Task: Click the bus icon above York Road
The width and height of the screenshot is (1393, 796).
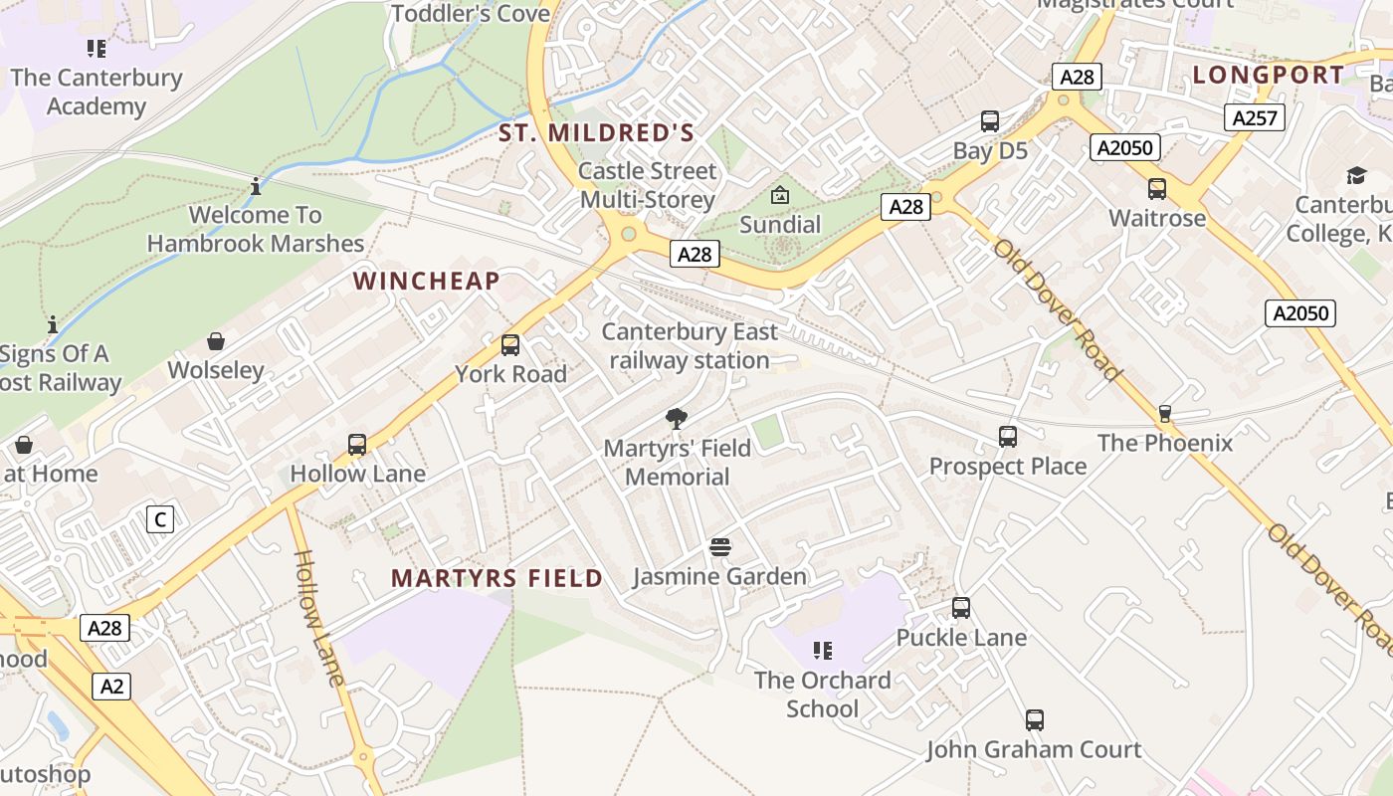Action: pyautogui.click(x=510, y=345)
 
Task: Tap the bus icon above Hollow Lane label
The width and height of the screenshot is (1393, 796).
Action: pyautogui.click(x=357, y=445)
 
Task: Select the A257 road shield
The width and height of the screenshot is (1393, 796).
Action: pyautogui.click(x=1254, y=118)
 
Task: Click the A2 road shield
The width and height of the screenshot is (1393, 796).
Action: pyautogui.click(x=113, y=686)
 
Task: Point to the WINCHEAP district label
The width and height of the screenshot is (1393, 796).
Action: pyautogui.click(x=426, y=281)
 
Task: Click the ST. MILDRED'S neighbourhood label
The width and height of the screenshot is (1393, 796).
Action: pyautogui.click(x=596, y=132)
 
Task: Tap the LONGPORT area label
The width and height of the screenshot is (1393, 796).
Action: pyautogui.click(x=1269, y=75)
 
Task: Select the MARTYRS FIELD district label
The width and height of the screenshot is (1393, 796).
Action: pyautogui.click(x=497, y=578)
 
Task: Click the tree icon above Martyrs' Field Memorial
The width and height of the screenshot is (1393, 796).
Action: pyautogui.click(x=677, y=418)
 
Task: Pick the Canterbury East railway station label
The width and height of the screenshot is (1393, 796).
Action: pyautogui.click(x=690, y=346)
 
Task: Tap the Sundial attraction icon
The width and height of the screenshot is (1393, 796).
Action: pyautogui.click(x=780, y=195)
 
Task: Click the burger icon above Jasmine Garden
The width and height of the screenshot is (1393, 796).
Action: pyautogui.click(x=720, y=547)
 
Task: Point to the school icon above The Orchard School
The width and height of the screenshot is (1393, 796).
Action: pyautogui.click(x=822, y=651)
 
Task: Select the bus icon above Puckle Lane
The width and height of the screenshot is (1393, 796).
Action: pyautogui.click(x=961, y=608)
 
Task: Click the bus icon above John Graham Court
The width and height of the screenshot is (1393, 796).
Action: pyautogui.click(x=1035, y=720)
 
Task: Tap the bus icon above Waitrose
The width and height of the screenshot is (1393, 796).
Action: pyautogui.click(x=1157, y=189)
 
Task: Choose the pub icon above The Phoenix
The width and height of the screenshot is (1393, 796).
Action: pyautogui.click(x=1165, y=414)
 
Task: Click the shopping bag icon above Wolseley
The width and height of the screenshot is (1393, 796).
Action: pyautogui.click(x=216, y=342)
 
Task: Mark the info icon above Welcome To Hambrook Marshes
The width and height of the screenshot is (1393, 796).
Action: pyautogui.click(x=256, y=186)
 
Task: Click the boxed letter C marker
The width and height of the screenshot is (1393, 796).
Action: pyautogui.click(x=159, y=518)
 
